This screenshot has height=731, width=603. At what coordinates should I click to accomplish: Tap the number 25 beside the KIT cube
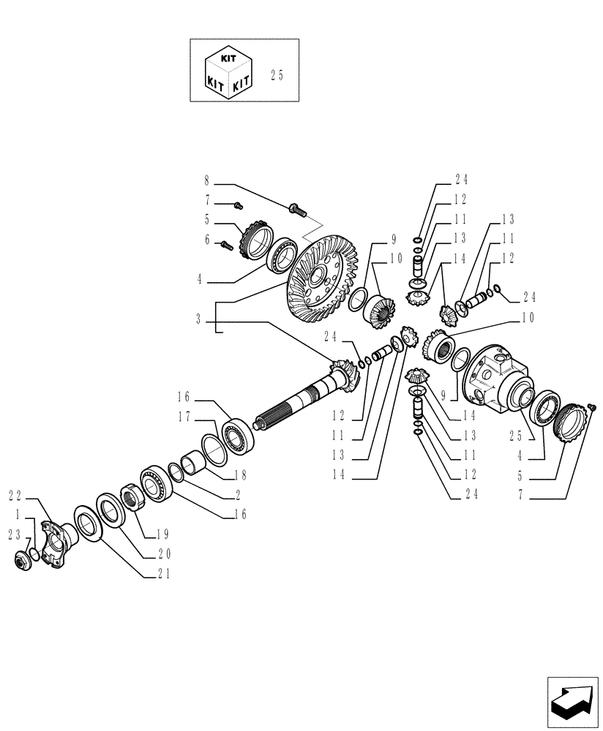277,75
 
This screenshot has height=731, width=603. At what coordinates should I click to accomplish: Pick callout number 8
207,180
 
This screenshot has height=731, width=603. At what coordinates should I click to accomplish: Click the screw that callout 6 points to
226,247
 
